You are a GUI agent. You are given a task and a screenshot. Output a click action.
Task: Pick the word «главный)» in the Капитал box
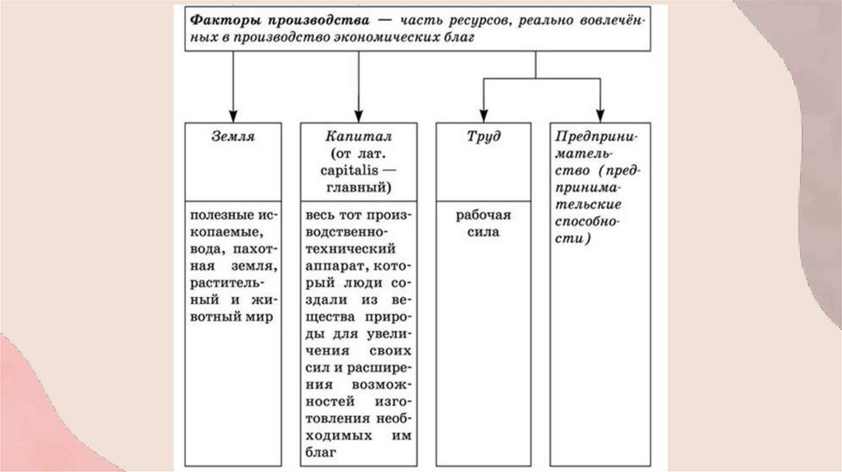[x=357, y=187]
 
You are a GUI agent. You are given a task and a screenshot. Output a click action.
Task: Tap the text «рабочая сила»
[x=484, y=224]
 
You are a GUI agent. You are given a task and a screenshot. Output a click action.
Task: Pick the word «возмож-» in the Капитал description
[x=377, y=384]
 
